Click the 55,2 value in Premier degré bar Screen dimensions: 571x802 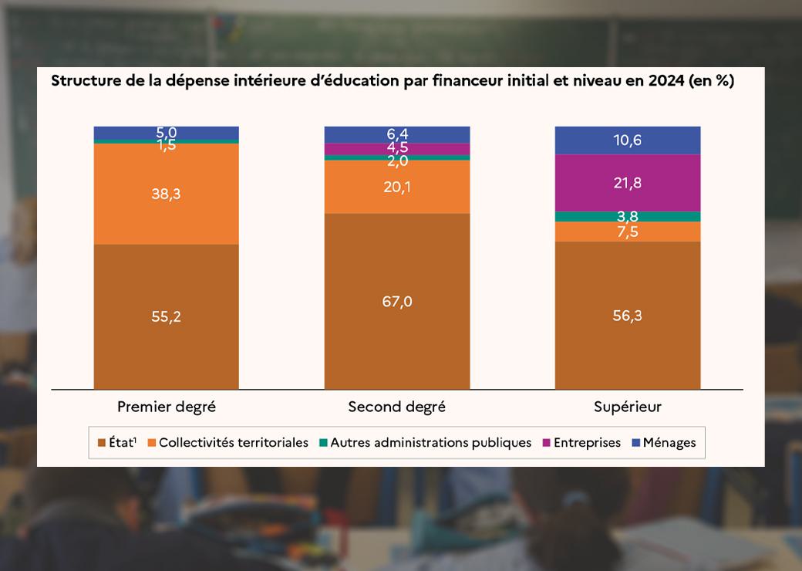(x=167, y=316)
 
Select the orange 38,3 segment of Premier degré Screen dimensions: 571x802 (x=167, y=194)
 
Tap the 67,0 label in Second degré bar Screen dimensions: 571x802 (x=397, y=301)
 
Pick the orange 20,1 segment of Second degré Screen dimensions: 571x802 (x=397, y=186)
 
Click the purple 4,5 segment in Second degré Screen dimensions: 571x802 (x=397, y=148)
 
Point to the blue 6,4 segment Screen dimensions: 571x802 (x=397, y=134)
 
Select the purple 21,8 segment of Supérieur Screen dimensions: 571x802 (x=628, y=183)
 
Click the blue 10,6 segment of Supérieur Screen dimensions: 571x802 (x=628, y=140)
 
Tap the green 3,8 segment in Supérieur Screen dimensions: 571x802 (x=628, y=216)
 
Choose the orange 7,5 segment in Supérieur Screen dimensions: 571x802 (x=628, y=231)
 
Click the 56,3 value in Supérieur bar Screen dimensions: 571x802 (x=628, y=316)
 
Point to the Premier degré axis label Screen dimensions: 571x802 (x=166, y=407)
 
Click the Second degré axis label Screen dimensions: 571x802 (x=397, y=407)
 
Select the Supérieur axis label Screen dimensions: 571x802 (x=628, y=407)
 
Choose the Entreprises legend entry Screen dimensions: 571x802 (x=587, y=443)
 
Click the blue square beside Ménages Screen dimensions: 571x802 (x=636, y=443)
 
